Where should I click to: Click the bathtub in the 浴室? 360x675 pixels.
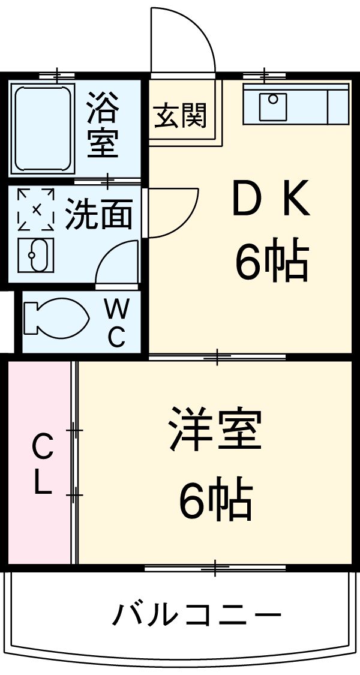point(42,128)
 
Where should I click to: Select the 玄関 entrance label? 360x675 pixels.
point(180,115)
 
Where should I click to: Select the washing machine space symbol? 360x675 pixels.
point(36,209)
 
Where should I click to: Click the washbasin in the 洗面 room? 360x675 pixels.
point(36,254)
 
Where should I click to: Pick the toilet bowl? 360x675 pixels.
point(54,317)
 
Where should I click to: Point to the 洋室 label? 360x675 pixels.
point(215,428)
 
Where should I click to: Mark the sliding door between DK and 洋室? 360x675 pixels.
point(217,358)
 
